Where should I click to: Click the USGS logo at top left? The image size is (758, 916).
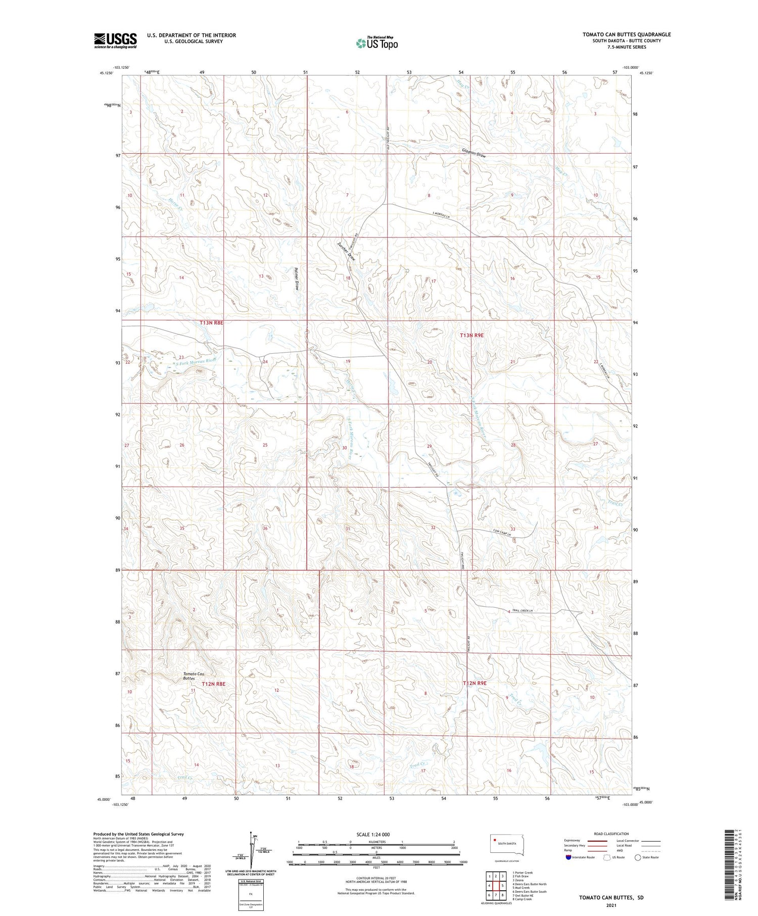point(115,40)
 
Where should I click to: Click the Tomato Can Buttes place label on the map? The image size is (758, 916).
point(194,676)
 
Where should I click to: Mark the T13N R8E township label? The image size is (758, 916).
point(211,322)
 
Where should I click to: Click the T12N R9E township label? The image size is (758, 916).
point(475,683)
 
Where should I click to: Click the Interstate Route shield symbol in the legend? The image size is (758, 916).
point(568,857)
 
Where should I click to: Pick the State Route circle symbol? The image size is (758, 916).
point(638,857)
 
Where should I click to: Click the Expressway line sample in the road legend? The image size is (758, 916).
point(598,841)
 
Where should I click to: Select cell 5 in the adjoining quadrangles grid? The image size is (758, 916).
point(502,886)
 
